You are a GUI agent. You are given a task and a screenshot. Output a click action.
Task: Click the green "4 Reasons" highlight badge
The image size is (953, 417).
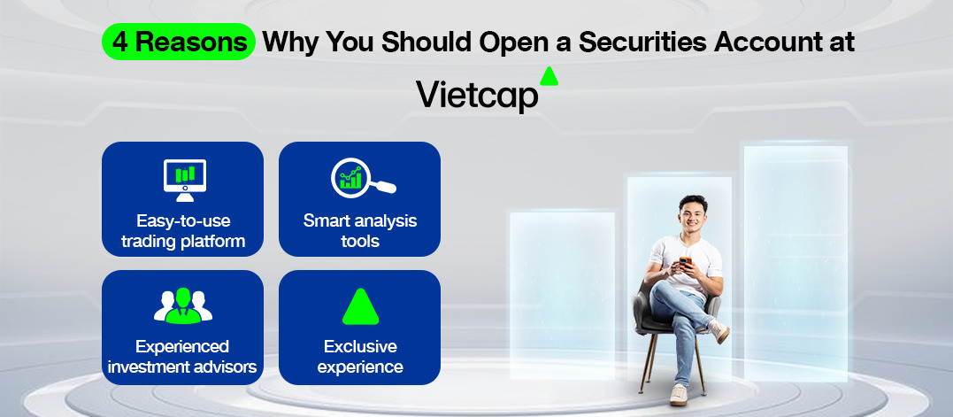click(178, 42)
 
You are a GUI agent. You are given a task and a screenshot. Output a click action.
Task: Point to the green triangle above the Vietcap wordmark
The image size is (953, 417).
click(549, 77)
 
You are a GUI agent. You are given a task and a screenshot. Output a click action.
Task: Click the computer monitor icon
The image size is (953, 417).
click(185, 180)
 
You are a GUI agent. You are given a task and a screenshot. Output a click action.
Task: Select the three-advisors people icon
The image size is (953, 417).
click(183, 305)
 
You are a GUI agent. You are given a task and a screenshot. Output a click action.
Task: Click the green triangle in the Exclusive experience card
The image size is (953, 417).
click(360, 306)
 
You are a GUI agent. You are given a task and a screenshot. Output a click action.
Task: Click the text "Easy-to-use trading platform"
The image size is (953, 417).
click(183, 230)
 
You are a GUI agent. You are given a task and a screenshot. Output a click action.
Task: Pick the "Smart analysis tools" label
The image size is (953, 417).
click(360, 230)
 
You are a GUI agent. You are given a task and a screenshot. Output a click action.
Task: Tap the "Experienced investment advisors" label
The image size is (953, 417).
click(182, 357)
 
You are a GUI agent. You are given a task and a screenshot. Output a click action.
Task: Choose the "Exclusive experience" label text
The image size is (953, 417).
click(360, 357)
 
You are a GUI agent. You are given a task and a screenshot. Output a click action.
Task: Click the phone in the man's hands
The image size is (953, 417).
click(685, 263)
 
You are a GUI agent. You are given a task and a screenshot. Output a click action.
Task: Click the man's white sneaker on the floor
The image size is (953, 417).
click(679, 395)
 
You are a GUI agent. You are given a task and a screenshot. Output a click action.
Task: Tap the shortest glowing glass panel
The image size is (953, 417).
click(562, 296)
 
